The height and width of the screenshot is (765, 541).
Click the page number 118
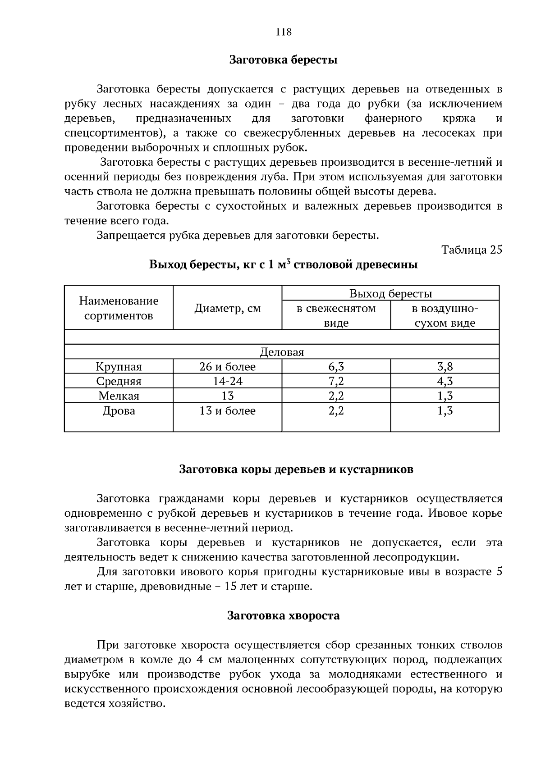[x=284, y=32]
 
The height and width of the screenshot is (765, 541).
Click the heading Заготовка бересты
[x=284, y=60]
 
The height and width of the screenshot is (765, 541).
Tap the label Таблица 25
[x=472, y=250]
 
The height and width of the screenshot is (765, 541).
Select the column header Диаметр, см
[x=227, y=309]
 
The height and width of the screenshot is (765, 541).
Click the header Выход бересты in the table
[x=390, y=294]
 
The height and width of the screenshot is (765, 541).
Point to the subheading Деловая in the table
[x=282, y=352]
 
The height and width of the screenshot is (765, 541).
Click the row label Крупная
[x=119, y=367]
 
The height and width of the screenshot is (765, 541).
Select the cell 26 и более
[x=227, y=367]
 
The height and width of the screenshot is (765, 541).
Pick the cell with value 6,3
[x=336, y=367]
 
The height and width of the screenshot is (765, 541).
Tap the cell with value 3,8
[x=445, y=367]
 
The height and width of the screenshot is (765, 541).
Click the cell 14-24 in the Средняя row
[x=227, y=382]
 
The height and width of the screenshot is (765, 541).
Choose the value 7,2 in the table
[x=336, y=382]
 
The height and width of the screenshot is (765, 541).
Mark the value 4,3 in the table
[x=445, y=382]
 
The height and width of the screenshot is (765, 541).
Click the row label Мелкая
[x=119, y=396]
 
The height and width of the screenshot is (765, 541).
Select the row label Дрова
[x=119, y=411]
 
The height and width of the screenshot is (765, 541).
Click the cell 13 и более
[x=227, y=411]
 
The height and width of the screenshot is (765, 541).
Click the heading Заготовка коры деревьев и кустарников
[x=296, y=469]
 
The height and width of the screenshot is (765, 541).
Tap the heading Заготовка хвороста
[x=284, y=615]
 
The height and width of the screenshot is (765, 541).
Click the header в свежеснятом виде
[x=336, y=316]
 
